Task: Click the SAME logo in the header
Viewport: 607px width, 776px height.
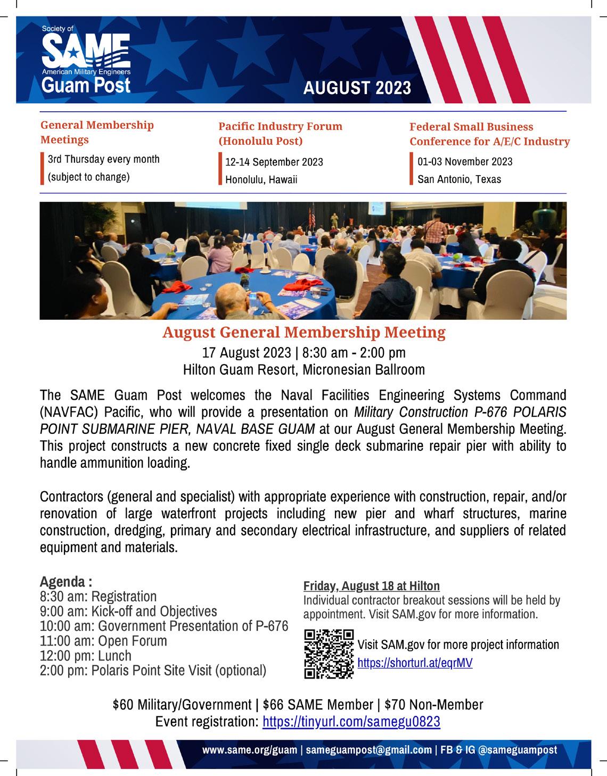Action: tap(85, 59)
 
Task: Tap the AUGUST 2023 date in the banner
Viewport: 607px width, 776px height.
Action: tap(357, 88)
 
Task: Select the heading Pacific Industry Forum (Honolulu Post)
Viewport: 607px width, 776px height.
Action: tap(280, 134)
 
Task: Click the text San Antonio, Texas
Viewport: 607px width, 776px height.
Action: tap(459, 179)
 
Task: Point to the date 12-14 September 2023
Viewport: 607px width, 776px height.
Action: tap(274, 162)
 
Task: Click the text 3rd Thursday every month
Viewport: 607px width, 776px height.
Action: tap(103, 159)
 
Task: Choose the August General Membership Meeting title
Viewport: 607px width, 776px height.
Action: tap(303, 333)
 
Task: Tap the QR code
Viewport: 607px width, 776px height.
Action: tap(329, 654)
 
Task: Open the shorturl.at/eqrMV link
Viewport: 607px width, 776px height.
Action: tap(415, 663)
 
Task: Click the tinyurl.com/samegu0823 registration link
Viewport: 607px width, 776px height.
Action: tap(351, 722)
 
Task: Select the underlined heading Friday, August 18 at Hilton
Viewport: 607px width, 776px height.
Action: tap(372, 586)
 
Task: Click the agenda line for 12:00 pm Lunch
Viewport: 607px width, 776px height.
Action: tap(85, 656)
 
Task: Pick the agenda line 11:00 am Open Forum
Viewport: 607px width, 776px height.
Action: tap(103, 641)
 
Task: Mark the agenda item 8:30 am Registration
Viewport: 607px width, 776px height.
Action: tap(98, 597)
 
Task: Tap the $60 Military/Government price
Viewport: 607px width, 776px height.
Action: tap(182, 705)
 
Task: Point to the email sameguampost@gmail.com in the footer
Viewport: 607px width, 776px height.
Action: tap(368, 750)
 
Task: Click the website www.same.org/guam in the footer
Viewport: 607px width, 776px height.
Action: tap(250, 750)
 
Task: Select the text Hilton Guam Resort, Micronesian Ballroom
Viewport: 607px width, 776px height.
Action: tap(303, 369)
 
